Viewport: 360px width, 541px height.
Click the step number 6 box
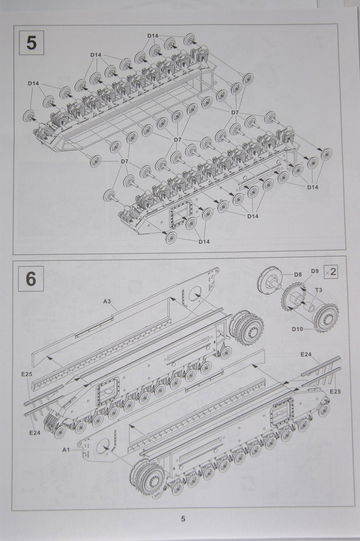pyautogui.click(x=31, y=279)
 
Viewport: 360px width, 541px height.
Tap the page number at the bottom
pyautogui.click(x=183, y=519)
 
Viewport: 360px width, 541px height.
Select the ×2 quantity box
pyautogui.click(x=330, y=271)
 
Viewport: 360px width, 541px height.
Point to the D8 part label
pyautogui.click(x=298, y=274)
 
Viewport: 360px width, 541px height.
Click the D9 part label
pyautogui.click(x=314, y=271)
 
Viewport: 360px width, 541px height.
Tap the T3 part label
pyautogui.click(x=318, y=290)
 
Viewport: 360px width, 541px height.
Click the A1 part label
pyautogui.click(x=66, y=449)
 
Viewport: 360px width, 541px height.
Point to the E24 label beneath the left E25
pyautogui.click(x=35, y=432)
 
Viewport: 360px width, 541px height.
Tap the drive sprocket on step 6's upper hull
pyautogui.click(x=246, y=326)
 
